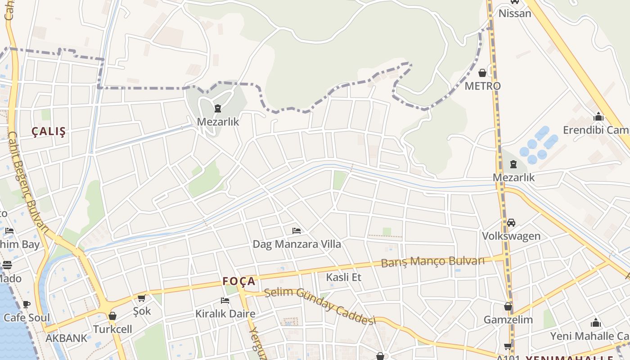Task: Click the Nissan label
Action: tap(515, 13)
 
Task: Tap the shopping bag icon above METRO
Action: tap(482, 73)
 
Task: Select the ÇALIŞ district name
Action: tap(49, 131)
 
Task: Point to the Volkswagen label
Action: tap(511, 236)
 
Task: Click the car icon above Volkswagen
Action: tap(511, 223)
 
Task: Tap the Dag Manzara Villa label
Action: tap(297, 244)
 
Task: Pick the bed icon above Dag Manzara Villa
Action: tap(297, 231)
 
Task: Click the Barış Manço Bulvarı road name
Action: tap(433, 261)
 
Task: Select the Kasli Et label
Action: tap(344, 277)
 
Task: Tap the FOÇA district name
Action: tap(239, 282)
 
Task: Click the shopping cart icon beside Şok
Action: tap(142, 298)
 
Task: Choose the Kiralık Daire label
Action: tap(225, 314)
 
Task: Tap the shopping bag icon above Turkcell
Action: tap(112, 316)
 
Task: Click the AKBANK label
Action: tap(66, 338)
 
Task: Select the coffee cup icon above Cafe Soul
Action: tap(27, 304)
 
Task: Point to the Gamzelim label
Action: tap(508, 320)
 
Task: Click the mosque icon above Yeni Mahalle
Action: tap(596, 323)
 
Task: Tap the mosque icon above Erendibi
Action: tap(598, 117)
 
